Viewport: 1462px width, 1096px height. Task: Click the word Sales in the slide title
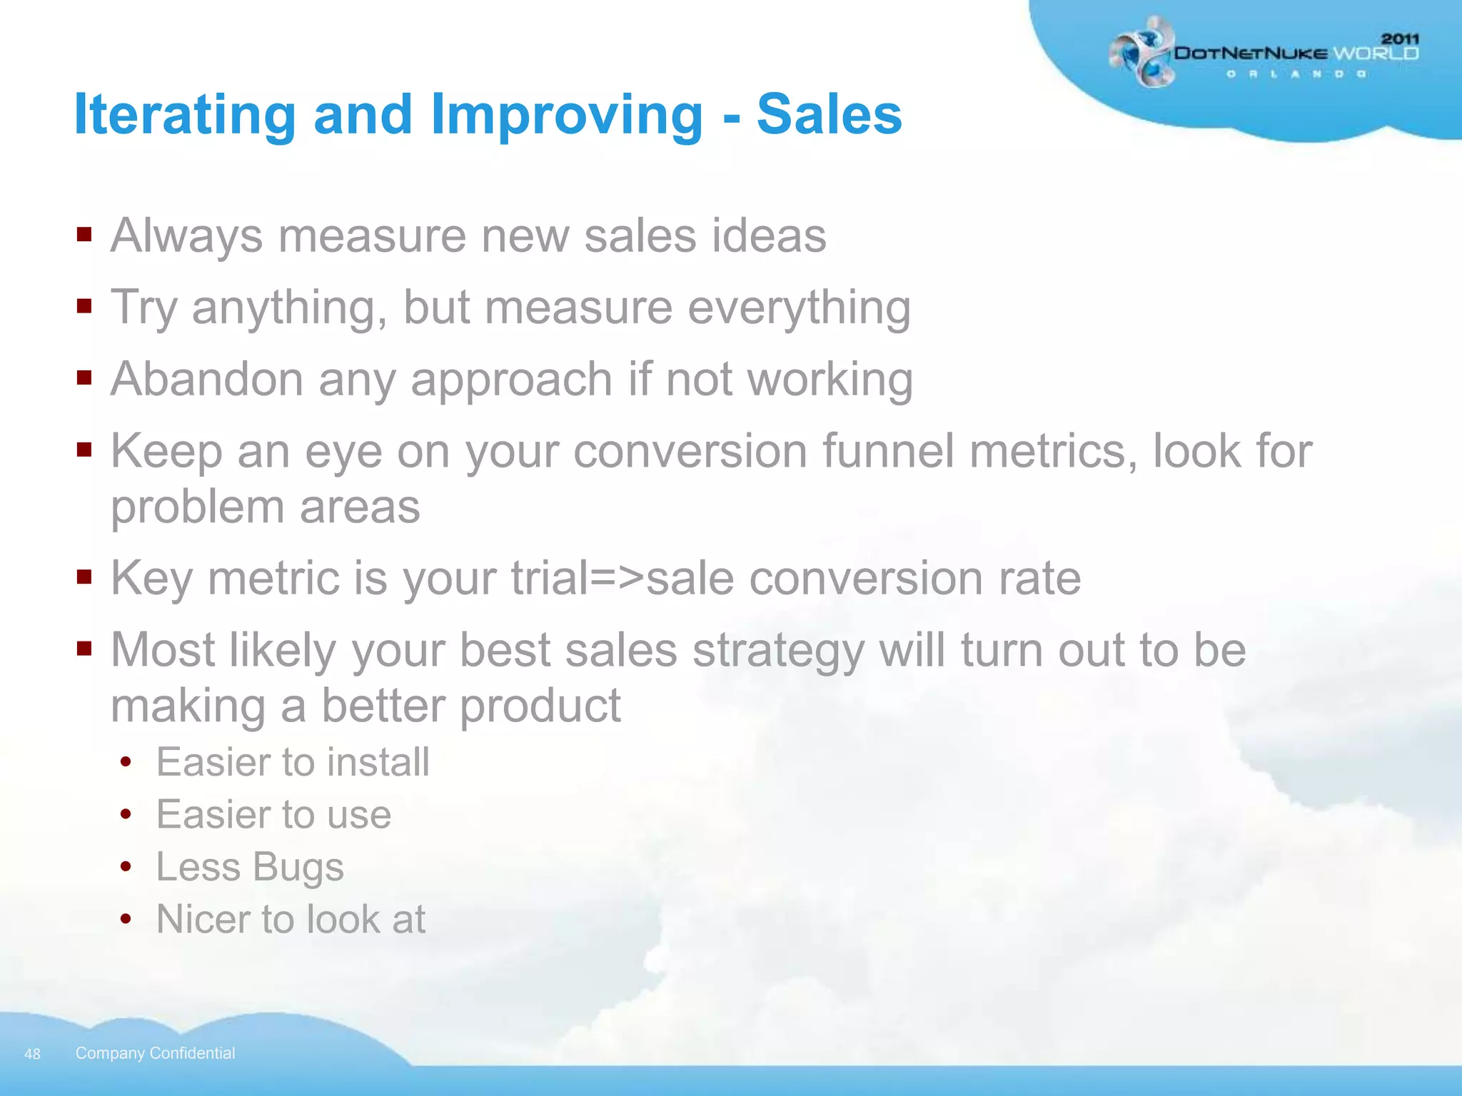tap(829, 115)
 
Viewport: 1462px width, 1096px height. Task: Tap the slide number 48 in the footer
tap(32, 1054)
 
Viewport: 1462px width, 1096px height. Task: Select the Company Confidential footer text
tap(155, 1053)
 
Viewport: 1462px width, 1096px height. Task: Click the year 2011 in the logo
tap(1400, 39)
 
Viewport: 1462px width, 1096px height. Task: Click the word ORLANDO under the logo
tap(1296, 74)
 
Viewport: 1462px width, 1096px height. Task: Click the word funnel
tap(888, 452)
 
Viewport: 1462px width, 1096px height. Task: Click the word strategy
tap(778, 651)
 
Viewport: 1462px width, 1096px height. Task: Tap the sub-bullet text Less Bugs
tap(250, 868)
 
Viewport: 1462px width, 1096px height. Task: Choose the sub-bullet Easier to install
tap(293, 762)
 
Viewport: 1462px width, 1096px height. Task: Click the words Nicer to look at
tap(291, 919)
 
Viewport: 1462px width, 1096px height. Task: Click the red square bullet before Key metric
tap(85, 576)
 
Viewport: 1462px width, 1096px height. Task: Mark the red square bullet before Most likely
tap(85, 648)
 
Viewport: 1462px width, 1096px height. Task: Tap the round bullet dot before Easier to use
tap(126, 815)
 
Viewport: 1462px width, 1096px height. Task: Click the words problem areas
tap(266, 507)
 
